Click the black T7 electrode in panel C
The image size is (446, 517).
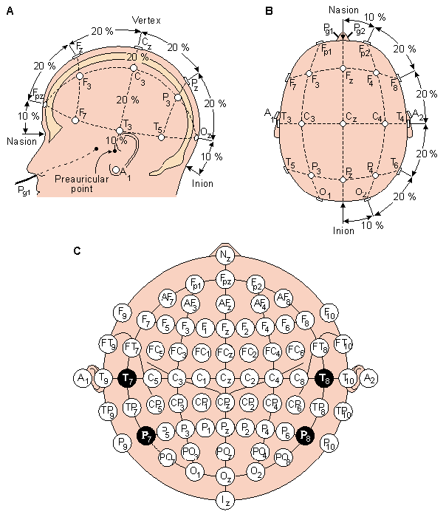click(128, 379)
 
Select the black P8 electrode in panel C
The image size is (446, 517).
click(303, 435)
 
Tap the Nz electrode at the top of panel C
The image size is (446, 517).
click(225, 255)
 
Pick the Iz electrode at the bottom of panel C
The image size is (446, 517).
click(225, 501)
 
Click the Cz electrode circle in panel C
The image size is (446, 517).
click(225, 379)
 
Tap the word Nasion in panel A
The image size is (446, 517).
click(20, 140)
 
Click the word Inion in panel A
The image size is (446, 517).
click(203, 183)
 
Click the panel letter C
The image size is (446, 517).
click(78, 251)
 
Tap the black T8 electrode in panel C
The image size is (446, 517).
click(323, 379)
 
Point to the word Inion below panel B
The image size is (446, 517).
click(344, 231)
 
